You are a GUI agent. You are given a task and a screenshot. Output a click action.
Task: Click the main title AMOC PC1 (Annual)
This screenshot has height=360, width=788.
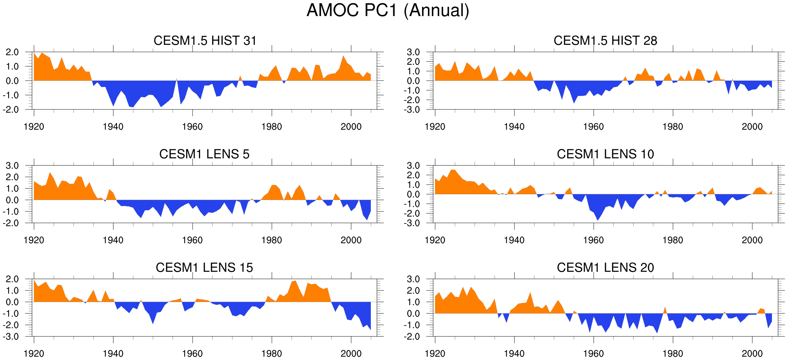pos(388,10)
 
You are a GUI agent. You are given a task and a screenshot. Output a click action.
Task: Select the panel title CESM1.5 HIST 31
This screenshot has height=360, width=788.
pos(205,41)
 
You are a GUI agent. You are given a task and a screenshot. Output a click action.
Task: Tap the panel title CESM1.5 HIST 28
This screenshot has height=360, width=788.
pos(605,41)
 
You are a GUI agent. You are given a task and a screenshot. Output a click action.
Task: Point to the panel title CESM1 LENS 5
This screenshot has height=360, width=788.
pos(204,154)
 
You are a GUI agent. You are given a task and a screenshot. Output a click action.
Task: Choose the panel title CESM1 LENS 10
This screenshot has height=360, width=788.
pos(605,154)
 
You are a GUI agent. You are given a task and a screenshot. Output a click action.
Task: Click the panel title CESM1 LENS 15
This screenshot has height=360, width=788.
pos(204,267)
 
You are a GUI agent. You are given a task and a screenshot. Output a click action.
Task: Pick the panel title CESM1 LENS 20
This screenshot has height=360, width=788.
pos(605,267)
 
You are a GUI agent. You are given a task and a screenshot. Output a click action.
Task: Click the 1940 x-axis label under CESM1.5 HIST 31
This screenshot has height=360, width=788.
pos(113,127)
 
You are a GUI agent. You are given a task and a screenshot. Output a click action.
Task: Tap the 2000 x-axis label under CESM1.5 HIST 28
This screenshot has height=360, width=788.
pos(752,127)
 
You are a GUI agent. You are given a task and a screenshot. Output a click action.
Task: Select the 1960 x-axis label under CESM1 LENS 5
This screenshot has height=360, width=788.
pos(192,240)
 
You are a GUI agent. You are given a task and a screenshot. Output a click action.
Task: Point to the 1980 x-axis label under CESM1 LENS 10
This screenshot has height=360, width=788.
pos(672,240)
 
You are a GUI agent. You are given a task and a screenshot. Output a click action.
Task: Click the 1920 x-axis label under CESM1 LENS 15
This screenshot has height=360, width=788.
pos(34,353)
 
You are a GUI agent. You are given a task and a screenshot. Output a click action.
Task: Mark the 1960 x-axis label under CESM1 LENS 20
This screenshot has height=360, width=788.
pos(593,353)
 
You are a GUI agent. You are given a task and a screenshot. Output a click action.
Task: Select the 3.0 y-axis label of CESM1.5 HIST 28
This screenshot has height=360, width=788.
pos(413,52)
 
